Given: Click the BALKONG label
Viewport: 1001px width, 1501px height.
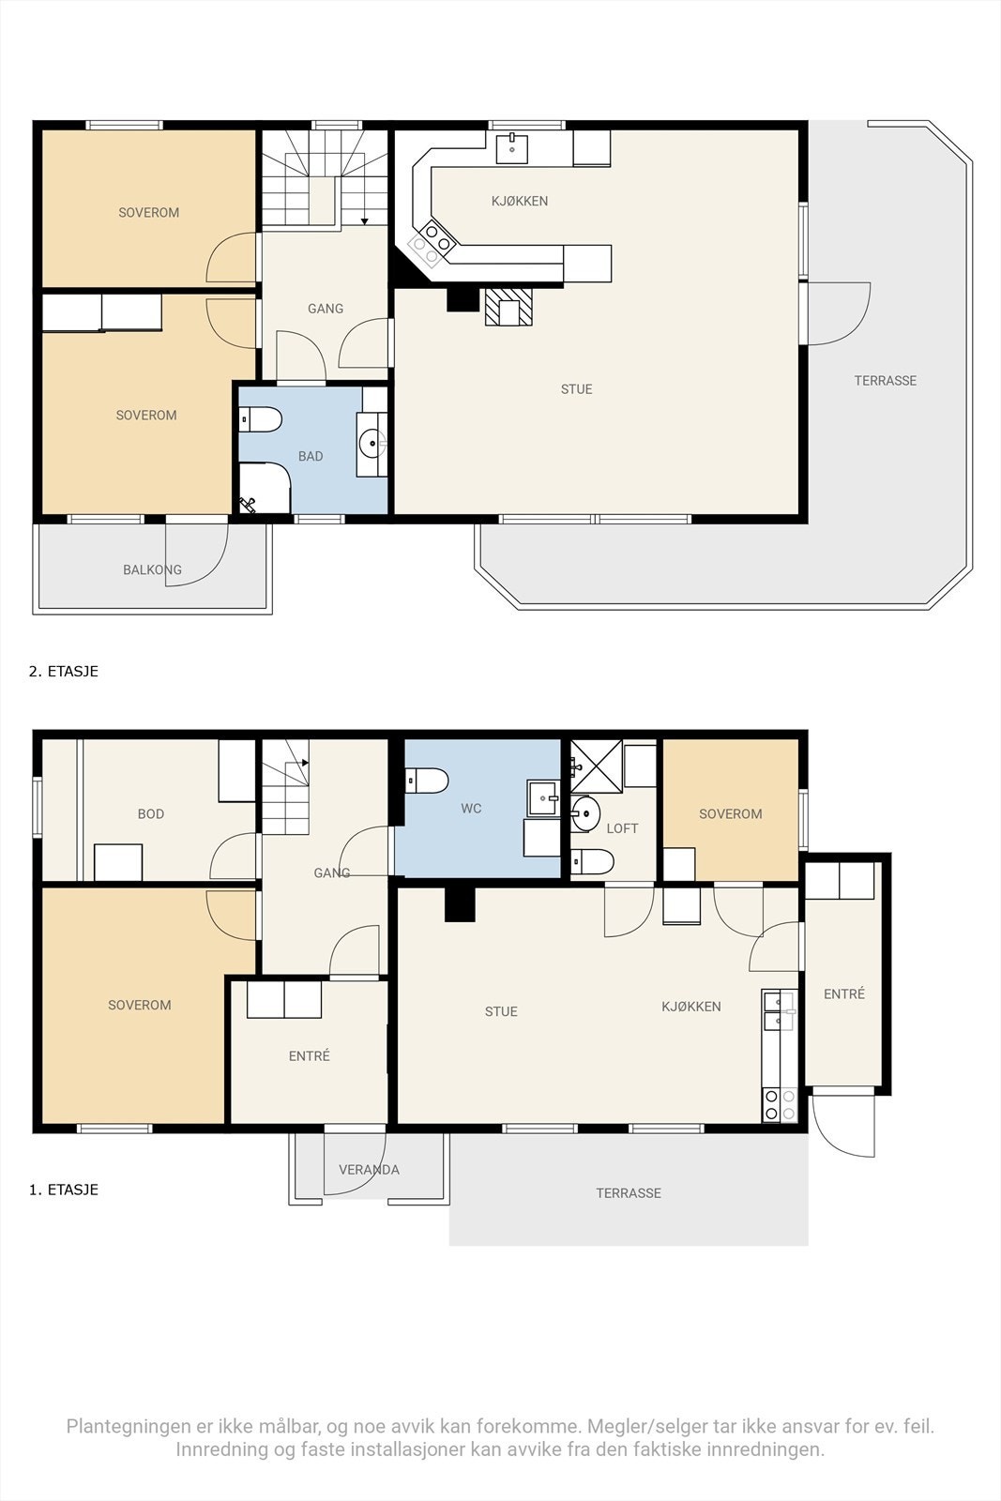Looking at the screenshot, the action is coord(152,569).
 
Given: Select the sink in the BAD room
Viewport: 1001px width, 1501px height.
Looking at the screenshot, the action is coord(372,444).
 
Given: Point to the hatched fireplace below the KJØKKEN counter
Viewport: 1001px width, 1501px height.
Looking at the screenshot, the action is coord(508,307).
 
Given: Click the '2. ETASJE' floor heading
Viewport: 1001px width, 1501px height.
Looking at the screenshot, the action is coord(64,672).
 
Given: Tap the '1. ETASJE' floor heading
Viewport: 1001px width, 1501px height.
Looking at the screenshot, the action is coord(64,1190).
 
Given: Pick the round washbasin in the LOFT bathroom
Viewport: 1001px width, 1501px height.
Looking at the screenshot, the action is coord(584,813).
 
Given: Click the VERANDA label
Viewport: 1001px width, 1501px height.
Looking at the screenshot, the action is coord(370,1170).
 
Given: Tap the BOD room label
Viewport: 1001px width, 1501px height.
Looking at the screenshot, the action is coord(151,814).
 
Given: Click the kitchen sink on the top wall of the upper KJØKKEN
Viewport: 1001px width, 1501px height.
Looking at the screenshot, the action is coord(512,148).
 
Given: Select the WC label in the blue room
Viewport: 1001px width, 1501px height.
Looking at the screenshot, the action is coord(471,809).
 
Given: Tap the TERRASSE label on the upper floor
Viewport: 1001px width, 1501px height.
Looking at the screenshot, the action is coord(885,381).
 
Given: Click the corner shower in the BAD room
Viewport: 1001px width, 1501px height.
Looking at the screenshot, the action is coord(264,488).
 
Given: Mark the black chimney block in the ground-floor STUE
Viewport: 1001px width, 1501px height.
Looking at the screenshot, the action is coord(461,904).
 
